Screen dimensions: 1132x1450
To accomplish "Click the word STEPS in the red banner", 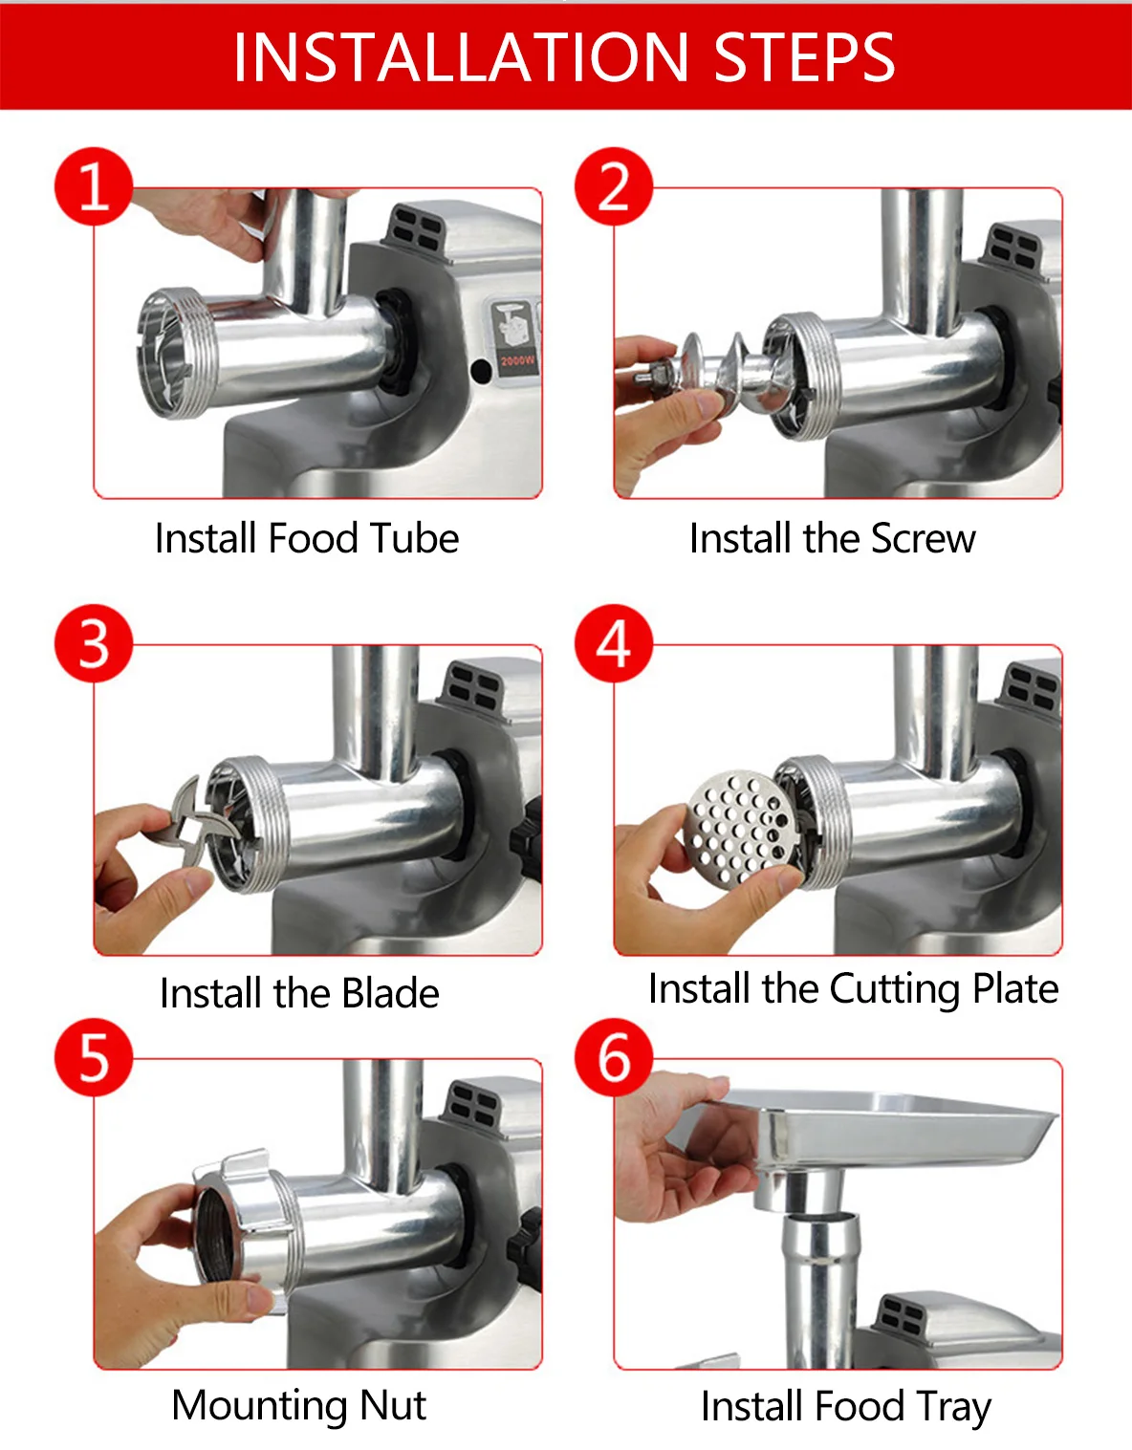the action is pyautogui.click(x=804, y=57).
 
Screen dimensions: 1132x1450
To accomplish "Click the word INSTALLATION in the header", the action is pyautogui.click(x=461, y=57).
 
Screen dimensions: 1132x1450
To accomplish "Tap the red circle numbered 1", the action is pyautogui.click(x=94, y=186).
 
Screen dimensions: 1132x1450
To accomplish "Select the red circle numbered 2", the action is pyautogui.click(x=614, y=186).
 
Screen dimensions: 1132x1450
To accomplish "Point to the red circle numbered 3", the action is pyautogui.click(x=94, y=643).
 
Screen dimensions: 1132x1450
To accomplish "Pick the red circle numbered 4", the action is pyautogui.click(x=614, y=643).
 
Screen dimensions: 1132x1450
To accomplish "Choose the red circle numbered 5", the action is pyautogui.click(x=94, y=1057).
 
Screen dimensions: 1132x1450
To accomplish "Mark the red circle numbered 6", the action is pyautogui.click(x=614, y=1057).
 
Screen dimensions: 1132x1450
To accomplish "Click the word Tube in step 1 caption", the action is pyautogui.click(x=414, y=538).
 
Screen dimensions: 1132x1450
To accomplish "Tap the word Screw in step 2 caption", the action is pyautogui.click(x=923, y=538).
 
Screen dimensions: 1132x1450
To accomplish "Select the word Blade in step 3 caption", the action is pyautogui.click(x=390, y=993).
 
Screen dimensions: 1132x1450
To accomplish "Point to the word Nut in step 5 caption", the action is pyautogui.click(x=392, y=1405).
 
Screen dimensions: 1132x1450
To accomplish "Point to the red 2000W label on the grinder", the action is pyautogui.click(x=518, y=361).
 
